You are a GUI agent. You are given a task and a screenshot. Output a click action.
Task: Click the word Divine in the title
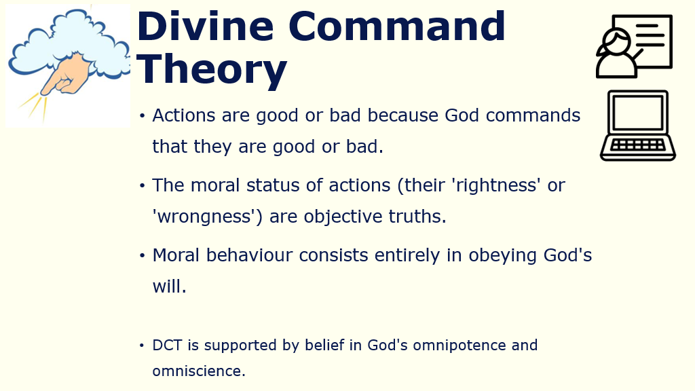205,26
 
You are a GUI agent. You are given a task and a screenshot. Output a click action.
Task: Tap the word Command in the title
396,26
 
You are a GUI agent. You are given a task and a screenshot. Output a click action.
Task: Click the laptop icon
638,126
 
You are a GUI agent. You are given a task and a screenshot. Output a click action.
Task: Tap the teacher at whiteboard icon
635,47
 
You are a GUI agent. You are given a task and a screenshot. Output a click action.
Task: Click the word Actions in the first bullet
183,115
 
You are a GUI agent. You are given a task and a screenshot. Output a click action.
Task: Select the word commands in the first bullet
533,115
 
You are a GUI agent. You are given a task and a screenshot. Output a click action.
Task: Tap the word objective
343,217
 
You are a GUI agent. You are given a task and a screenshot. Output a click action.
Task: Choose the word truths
417,217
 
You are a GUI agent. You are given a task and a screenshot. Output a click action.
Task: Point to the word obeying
503,256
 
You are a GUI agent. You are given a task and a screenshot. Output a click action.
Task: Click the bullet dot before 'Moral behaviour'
143,255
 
